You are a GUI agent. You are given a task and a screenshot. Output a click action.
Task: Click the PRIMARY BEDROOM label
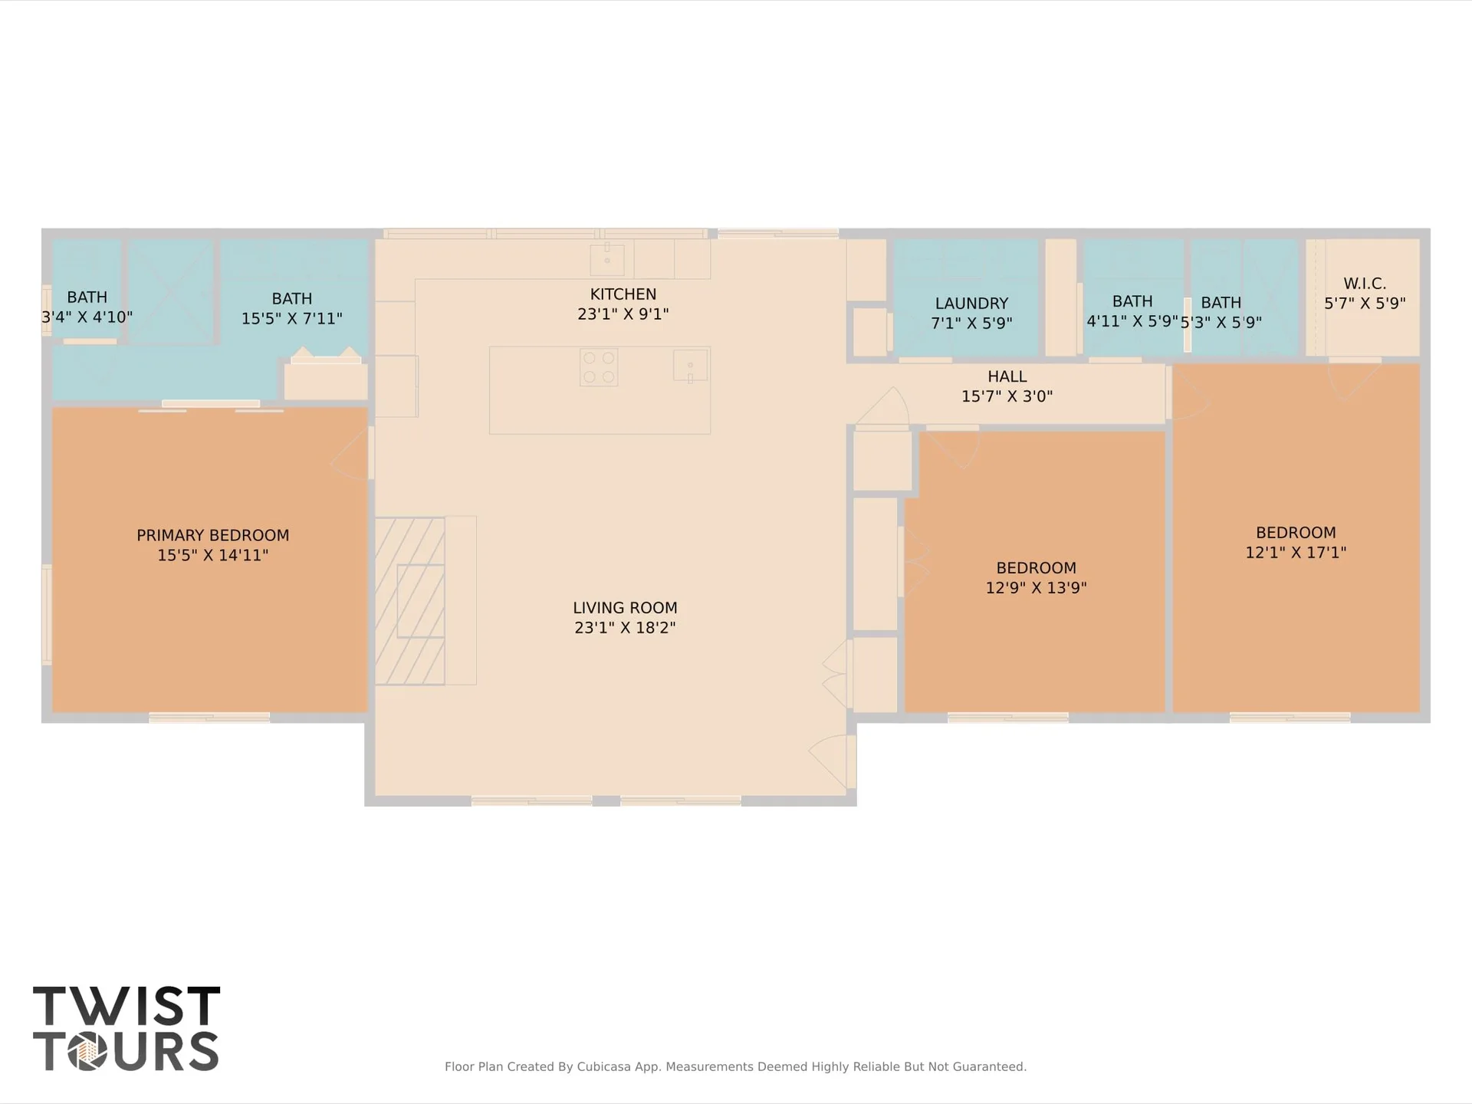pyautogui.click(x=212, y=535)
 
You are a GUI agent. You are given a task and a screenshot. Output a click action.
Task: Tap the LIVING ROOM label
pyautogui.click(x=625, y=608)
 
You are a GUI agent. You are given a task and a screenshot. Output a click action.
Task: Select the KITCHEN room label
pyautogui.click(x=623, y=294)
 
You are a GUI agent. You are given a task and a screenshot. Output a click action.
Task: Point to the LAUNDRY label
pyautogui.click(x=971, y=304)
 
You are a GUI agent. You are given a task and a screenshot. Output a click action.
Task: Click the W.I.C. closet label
pyautogui.click(x=1365, y=284)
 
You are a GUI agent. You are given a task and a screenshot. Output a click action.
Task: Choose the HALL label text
pyautogui.click(x=1007, y=376)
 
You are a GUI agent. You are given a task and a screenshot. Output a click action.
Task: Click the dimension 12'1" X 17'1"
pyautogui.click(x=1296, y=553)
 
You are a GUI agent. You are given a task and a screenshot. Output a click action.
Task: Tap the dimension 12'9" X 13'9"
pyautogui.click(x=1036, y=588)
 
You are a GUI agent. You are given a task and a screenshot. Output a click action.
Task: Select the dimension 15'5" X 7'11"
pyautogui.click(x=291, y=318)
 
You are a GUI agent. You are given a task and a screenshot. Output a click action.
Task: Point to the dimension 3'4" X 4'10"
pyautogui.click(x=87, y=317)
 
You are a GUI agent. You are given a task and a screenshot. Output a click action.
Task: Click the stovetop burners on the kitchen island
pyautogui.click(x=599, y=367)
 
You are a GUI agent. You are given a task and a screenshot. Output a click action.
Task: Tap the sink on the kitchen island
pyautogui.click(x=690, y=365)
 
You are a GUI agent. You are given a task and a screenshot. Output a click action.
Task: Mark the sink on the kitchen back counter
pyautogui.click(x=606, y=260)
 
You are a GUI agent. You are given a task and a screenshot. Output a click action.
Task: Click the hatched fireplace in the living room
pyautogui.click(x=409, y=600)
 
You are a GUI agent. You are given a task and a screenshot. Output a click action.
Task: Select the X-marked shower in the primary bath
pyautogui.click(x=170, y=291)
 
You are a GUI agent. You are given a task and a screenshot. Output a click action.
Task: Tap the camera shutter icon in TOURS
pyautogui.click(x=87, y=1051)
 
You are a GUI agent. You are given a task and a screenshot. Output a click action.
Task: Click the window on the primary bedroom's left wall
pyautogui.click(x=47, y=614)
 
